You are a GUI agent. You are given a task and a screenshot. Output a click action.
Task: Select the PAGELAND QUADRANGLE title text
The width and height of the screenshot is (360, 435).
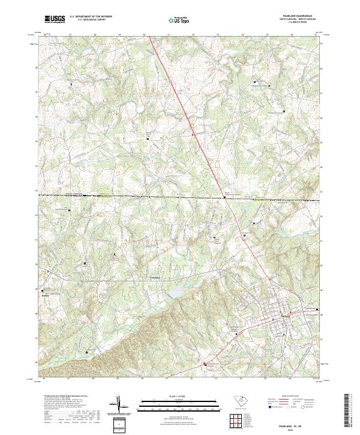[x=298, y=16]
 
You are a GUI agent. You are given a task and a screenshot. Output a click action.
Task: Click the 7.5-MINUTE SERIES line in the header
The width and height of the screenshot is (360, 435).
[x=298, y=23]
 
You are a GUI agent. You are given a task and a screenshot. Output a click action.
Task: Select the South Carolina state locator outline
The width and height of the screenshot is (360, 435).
[x=239, y=401]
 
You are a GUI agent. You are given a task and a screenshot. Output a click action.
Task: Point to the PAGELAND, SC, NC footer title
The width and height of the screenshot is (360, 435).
[x=298, y=421]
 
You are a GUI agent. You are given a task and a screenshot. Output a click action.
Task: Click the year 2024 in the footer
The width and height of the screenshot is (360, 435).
[x=298, y=426]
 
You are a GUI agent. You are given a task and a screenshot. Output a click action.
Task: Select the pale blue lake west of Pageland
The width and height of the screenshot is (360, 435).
[x=175, y=293]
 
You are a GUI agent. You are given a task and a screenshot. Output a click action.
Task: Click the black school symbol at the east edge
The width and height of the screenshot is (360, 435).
[x=317, y=310]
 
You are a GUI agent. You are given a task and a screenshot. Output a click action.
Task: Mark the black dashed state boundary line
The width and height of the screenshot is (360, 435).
[x=150, y=196]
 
